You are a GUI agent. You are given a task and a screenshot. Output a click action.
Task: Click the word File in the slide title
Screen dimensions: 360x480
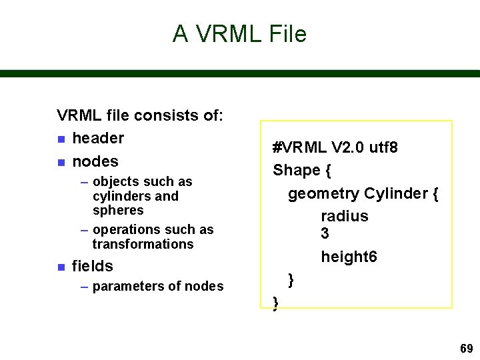[286, 33]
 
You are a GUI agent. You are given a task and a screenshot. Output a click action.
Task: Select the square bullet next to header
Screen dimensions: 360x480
[61, 139]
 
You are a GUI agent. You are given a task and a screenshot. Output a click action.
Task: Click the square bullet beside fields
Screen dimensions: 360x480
[61, 267]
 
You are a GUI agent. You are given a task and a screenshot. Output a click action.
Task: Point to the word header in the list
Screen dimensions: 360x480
[98, 138]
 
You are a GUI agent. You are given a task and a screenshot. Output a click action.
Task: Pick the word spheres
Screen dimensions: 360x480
[118, 210]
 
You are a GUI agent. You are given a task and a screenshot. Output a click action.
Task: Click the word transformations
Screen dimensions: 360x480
[143, 244]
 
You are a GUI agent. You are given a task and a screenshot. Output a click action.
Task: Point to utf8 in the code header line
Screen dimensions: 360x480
[385, 147]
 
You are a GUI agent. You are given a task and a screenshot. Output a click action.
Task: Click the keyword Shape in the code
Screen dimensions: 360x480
[297, 170]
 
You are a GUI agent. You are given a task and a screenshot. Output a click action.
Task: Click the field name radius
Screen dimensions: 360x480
[344, 216]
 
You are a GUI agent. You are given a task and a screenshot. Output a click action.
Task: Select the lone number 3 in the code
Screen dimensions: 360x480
[325, 233]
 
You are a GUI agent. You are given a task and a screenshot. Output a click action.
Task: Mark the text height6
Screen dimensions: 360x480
[349, 257]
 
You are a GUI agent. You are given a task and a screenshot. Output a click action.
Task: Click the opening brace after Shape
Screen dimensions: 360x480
[328, 171]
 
